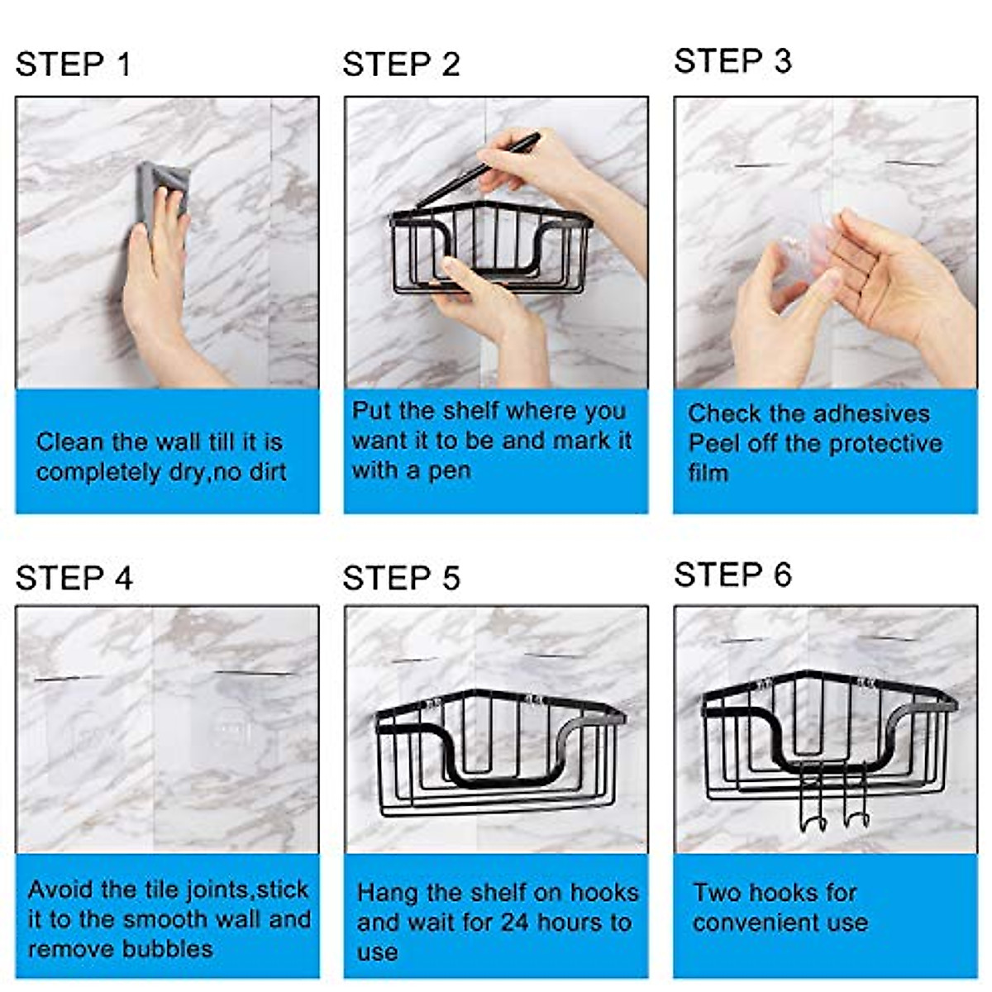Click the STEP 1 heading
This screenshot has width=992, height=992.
(x=73, y=64)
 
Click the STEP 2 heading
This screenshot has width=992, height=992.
(x=401, y=64)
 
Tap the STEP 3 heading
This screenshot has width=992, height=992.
(x=732, y=61)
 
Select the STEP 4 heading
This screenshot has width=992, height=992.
(x=74, y=579)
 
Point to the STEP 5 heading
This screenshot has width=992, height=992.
(x=401, y=579)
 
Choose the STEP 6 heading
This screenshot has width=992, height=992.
(x=732, y=575)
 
